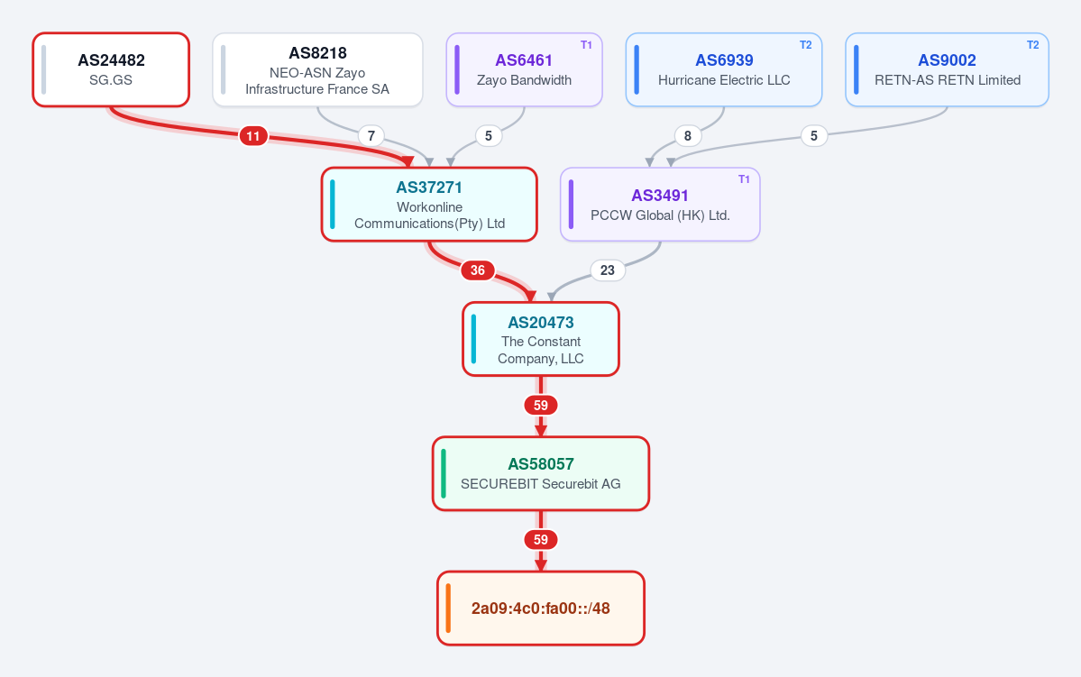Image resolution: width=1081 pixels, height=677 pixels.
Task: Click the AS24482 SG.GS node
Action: coord(111,69)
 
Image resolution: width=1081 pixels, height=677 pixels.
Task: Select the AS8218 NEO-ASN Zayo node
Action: coord(318,69)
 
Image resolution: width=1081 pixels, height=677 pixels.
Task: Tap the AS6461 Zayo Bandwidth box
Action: coord(525,69)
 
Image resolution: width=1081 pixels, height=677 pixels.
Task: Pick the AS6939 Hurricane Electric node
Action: coord(724,69)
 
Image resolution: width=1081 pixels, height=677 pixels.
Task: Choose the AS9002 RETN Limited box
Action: coord(948,69)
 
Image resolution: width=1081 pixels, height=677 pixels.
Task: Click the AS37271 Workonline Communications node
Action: coord(429,205)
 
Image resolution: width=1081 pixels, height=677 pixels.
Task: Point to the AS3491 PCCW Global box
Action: coord(661,205)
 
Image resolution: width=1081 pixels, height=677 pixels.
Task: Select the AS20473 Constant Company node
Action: coord(541,339)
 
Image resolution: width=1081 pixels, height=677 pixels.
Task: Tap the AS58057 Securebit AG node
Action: coord(541,473)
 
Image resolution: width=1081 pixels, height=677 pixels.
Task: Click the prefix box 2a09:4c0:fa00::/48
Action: coord(541,608)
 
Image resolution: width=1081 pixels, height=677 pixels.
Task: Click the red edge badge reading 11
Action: coord(253,136)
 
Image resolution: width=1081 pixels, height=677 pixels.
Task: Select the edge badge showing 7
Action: coord(371,136)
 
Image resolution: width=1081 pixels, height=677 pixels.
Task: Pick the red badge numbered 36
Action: coord(478,270)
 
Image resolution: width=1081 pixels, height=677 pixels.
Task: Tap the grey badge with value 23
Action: coord(608,270)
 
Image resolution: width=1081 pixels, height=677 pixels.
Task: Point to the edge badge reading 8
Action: coord(687,136)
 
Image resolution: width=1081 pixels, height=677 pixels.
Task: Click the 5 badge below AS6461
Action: coord(489,136)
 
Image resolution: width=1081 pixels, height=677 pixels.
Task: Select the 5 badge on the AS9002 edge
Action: coord(814,136)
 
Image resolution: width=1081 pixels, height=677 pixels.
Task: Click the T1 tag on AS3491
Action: coord(744,179)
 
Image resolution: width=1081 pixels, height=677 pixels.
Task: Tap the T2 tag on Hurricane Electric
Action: coord(806,45)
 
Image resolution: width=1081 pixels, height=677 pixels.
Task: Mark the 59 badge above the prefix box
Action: coord(541,540)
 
